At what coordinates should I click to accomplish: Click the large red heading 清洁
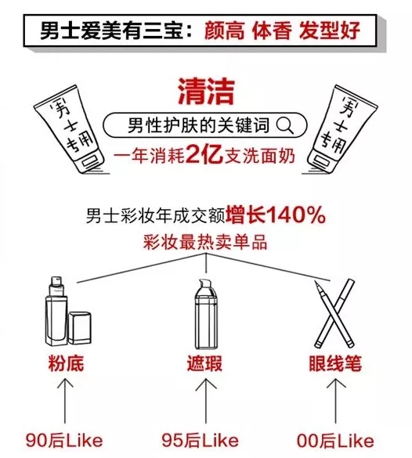[206, 92]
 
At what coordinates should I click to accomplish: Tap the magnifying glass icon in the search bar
[284, 125]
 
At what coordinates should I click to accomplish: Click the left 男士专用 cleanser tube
[70, 129]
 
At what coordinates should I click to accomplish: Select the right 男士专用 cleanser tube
[342, 129]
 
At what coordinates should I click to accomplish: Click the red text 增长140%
[276, 215]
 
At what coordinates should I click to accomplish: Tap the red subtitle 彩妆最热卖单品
[205, 243]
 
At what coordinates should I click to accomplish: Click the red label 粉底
[66, 363]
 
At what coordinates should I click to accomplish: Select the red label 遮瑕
[204, 363]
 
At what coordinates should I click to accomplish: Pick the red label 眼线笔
[335, 363]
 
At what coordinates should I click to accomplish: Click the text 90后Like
[64, 441]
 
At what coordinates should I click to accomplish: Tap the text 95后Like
[201, 441]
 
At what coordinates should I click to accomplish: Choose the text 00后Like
[335, 441]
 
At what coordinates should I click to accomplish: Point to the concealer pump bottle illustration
[206, 314]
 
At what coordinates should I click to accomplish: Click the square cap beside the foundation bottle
[80, 328]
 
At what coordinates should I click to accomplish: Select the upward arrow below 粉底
[65, 400]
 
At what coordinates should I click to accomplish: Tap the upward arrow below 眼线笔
[336, 400]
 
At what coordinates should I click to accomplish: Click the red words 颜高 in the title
[224, 31]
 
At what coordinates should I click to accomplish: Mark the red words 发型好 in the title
[329, 31]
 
